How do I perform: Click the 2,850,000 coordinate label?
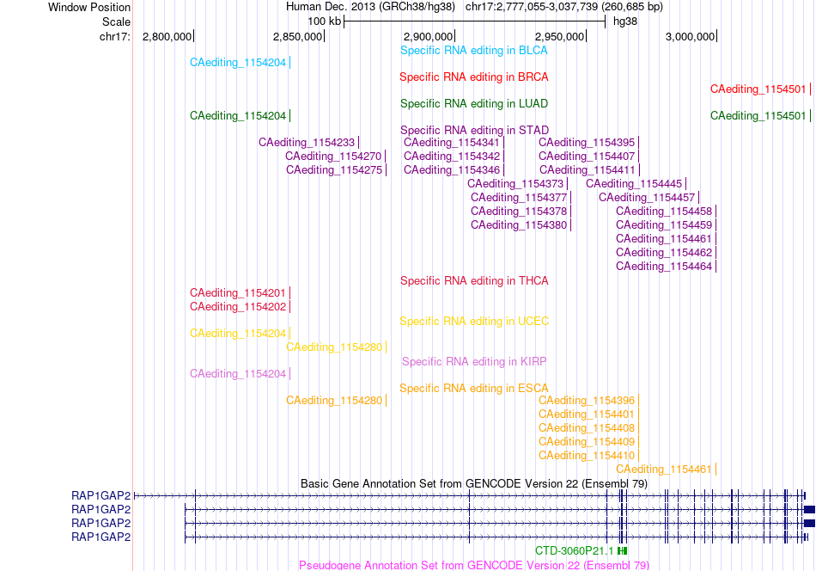tap(298, 36)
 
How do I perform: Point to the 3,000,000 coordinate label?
tap(690, 36)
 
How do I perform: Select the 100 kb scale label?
tap(324, 21)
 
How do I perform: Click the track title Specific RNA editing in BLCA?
tap(473, 51)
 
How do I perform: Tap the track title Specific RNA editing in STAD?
tap(474, 130)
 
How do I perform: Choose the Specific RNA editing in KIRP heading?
tap(474, 361)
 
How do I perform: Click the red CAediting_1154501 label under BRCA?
tap(758, 89)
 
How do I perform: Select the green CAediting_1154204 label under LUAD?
tap(238, 115)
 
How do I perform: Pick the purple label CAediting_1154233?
tap(307, 143)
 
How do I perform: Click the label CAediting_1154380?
tap(519, 225)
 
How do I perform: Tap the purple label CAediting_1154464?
tap(664, 267)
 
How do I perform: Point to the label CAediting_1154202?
tap(238, 307)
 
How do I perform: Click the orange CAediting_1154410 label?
tap(587, 456)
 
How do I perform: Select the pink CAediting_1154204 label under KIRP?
tap(238, 374)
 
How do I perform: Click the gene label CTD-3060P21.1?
tap(574, 551)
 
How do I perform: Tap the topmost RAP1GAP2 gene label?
tap(101, 495)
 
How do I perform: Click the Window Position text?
tap(89, 7)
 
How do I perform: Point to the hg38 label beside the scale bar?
tap(625, 21)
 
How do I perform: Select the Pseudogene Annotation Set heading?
tap(474, 565)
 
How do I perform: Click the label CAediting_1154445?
tap(634, 184)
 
